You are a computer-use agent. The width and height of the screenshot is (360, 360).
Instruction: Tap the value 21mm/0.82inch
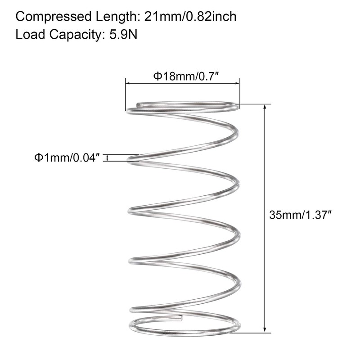pos(190,18)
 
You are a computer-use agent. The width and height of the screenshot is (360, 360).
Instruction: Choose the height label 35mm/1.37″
pos(300,215)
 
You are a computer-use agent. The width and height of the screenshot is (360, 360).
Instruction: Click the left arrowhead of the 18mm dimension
pos(128,84)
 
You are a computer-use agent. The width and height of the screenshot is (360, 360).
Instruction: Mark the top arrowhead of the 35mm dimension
pos(265,108)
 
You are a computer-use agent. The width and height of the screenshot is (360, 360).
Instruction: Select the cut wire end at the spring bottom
pos(180,319)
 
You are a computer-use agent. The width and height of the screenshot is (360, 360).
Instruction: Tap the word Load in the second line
pos(27,35)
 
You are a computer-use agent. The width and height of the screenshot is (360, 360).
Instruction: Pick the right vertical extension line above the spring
pos(239,92)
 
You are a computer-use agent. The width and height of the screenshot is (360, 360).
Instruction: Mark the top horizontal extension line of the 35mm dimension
pos(256,104)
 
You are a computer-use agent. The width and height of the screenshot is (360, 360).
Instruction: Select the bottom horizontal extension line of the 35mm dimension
pos(252,333)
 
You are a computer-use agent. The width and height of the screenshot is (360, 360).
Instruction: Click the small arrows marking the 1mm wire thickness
pos(107,157)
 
